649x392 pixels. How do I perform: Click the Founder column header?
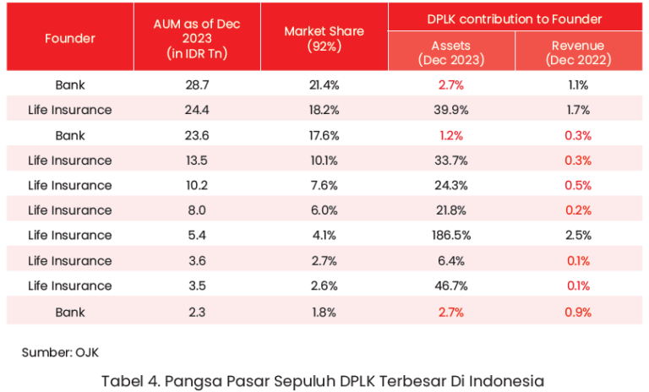[x=70, y=38]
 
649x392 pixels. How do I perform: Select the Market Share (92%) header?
[x=324, y=38]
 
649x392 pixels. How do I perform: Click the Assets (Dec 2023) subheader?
[x=451, y=52]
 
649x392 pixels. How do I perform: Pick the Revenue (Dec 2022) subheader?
[x=579, y=52]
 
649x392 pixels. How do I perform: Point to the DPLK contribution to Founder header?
[x=515, y=19]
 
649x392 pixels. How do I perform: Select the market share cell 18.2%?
[x=324, y=110]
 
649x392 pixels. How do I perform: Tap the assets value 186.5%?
[x=451, y=236]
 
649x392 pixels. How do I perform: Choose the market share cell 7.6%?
[x=324, y=186]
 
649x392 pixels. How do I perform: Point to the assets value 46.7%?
[x=451, y=286]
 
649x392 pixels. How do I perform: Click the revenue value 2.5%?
[x=579, y=236]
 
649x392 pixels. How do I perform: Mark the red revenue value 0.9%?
[x=579, y=312]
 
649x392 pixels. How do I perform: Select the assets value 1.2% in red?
[x=451, y=135]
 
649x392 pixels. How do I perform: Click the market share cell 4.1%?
[x=324, y=236]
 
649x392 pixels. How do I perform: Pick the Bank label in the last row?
[x=70, y=312]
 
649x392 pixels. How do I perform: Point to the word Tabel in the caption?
[x=123, y=381]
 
